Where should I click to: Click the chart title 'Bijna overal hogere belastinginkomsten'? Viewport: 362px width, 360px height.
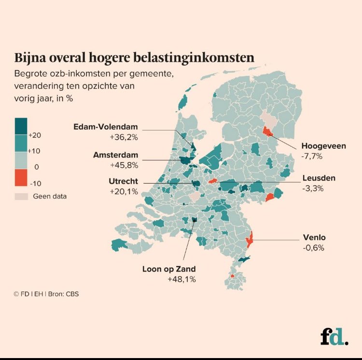[x=134, y=58]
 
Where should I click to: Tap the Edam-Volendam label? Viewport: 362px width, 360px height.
[x=105, y=127]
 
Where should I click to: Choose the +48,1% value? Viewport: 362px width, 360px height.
[x=182, y=279]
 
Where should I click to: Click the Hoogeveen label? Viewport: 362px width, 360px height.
[x=323, y=145]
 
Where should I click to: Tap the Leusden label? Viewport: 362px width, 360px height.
[x=319, y=178]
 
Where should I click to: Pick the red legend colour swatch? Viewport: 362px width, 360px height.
[x=21, y=177]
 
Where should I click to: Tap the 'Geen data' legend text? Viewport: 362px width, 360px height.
[x=50, y=196]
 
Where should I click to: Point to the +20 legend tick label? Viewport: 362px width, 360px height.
[x=35, y=135]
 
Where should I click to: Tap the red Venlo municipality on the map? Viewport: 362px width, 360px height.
[x=249, y=239]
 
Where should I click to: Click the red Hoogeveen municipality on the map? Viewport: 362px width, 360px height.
[x=267, y=131]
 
